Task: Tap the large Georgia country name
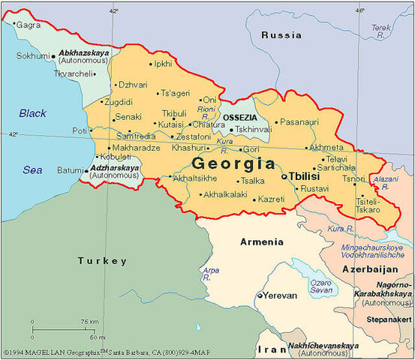point(233,163)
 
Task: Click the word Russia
point(283,35)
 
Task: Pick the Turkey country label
point(102,261)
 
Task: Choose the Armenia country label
point(261,241)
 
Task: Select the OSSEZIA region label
point(239,118)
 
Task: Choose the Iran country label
point(267,349)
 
